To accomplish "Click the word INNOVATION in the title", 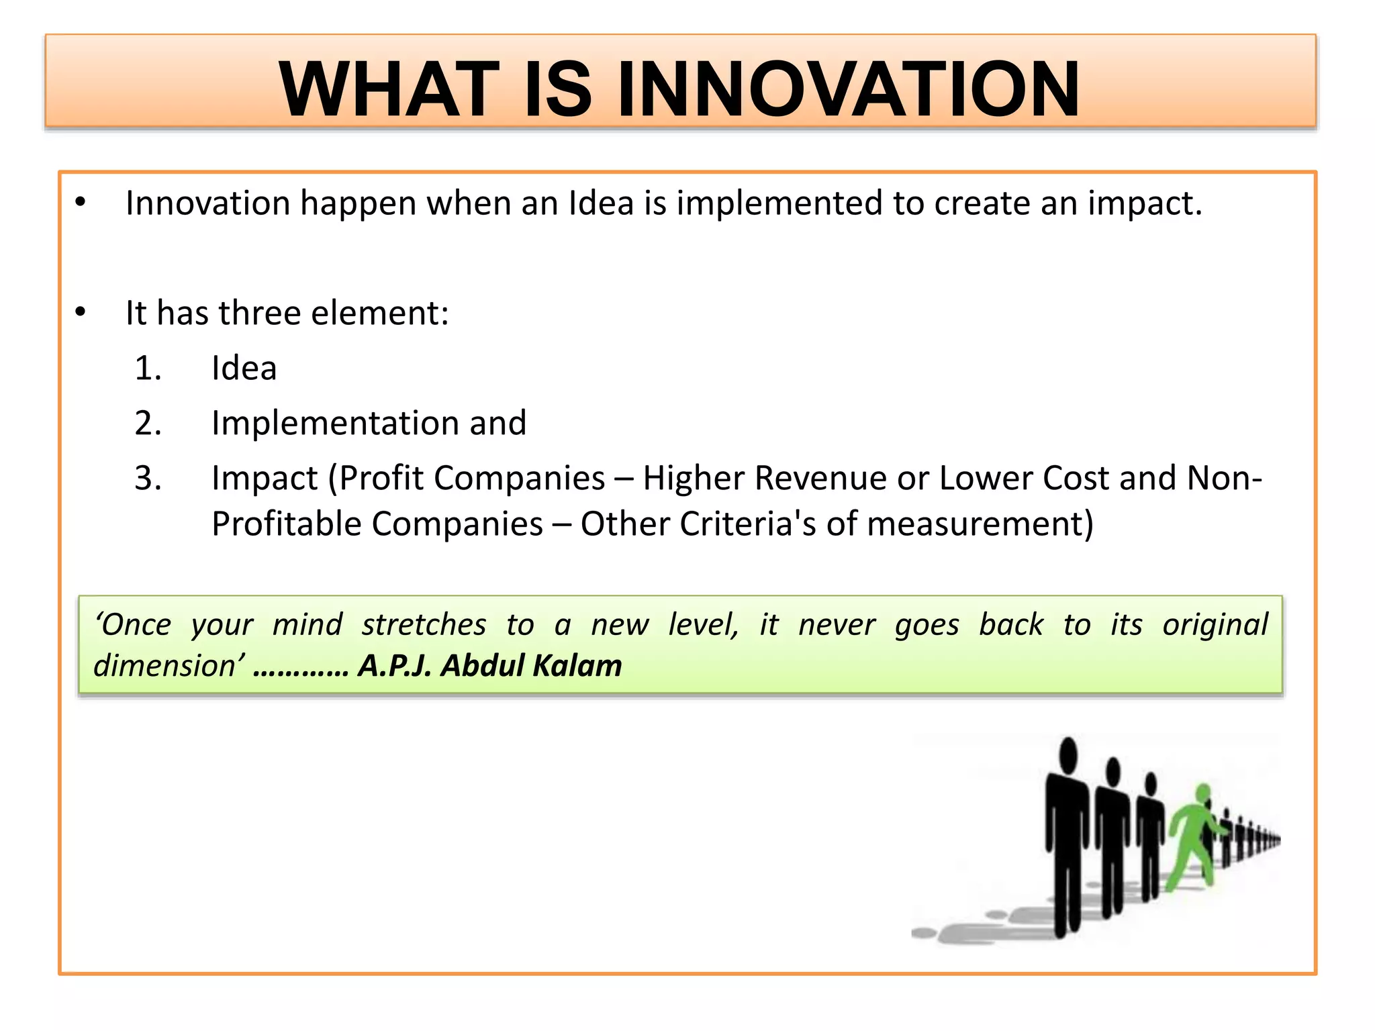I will point(847,89).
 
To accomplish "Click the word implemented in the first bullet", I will point(779,203).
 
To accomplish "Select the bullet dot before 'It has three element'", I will point(81,312).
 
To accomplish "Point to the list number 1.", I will point(148,369).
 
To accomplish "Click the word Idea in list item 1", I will point(244,369).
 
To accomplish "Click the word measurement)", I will point(980,524).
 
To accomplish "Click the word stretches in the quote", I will point(424,625).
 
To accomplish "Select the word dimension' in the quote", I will point(169,666).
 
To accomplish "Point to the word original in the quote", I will point(1215,625).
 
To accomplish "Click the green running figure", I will point(1194,839).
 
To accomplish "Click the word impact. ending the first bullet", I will point(1145,203).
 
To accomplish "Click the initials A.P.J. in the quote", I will point(394,666).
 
